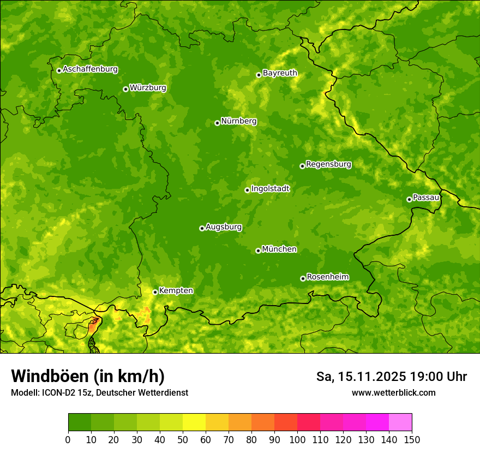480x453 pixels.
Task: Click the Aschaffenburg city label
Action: [90, 69]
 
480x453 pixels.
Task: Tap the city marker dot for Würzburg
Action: [125, 89]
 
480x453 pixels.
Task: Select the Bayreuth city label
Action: [280, 73]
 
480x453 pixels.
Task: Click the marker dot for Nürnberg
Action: [217, 123]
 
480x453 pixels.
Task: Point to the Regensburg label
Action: [328, 164]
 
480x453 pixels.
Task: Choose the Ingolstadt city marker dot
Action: [247, 190]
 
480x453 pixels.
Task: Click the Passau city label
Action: [426, 197]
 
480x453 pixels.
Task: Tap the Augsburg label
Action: [224, 226]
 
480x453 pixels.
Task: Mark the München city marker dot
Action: [258, 251]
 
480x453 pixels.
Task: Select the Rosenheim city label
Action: [327, 277]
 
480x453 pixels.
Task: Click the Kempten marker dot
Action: [155, 292]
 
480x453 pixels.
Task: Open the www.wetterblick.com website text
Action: [393, 392]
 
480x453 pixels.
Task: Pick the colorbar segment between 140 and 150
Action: [400, 422]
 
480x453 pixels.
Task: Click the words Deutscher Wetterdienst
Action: [143, 393]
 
